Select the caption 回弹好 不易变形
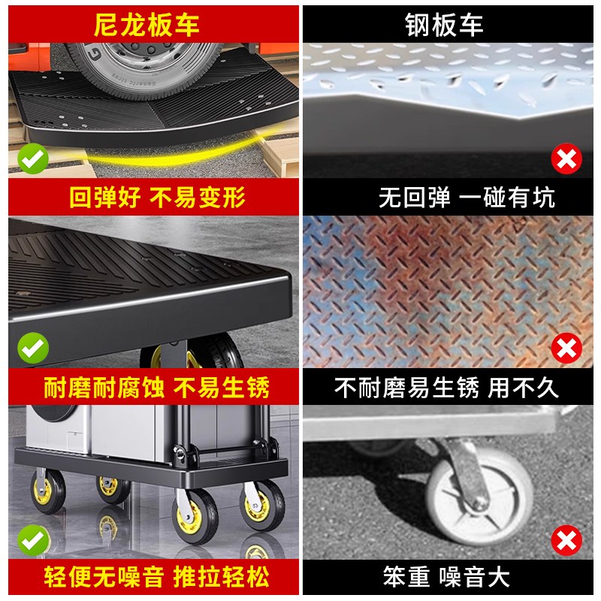[157, 198]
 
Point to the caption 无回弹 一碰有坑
[466, 198]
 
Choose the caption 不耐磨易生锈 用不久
[446, 388]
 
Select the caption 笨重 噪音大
[446, 577]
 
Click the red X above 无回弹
[566, 159]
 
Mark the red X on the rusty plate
[566, 348]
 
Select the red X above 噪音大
[566, 539]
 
